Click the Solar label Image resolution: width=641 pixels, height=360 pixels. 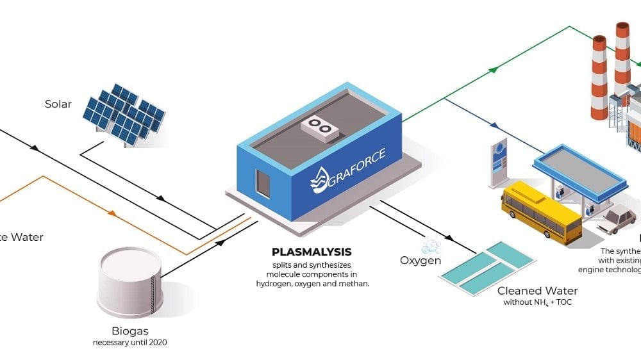[58, 104]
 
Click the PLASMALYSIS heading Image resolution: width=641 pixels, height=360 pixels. [312, 252]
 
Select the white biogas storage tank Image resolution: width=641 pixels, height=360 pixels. [130, 282]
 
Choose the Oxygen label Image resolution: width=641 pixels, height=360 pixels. [420, 261]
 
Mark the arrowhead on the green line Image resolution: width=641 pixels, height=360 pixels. [494, 69]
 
